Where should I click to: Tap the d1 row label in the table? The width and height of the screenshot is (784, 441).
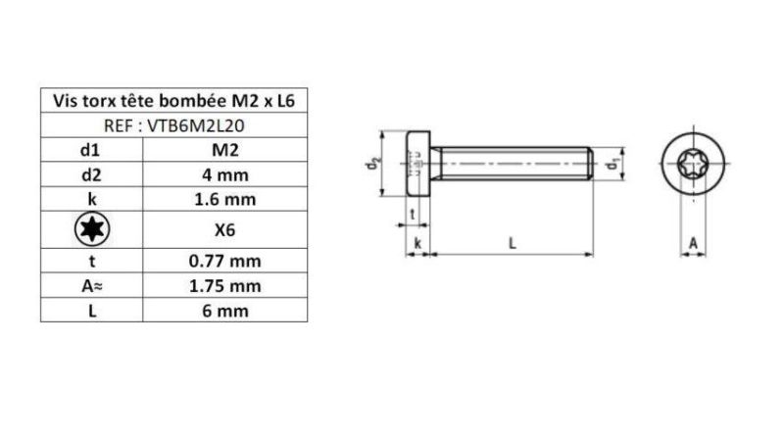pyautogui.click(x=91, y=151)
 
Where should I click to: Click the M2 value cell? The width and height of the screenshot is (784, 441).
pyautogui.click(x=224, y=151)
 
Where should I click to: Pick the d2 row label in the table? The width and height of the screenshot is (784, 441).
pyautogui.click(x=91, y=176)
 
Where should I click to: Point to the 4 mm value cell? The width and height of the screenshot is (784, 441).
pyautogui.click(x=224, y=176)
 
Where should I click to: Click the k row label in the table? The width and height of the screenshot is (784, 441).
pyautogui.click(x=91, y=201)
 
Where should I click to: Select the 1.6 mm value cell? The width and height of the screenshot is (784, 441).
pyautogui.click(x=224, y=201)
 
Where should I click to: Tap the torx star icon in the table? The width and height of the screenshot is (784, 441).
pyautogui.click(x=92, y=231)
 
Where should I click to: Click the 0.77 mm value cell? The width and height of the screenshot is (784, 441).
pyautogui.click(x=224, y=262)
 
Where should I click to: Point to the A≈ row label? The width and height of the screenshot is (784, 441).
pyautogui.click(x=91, y=286)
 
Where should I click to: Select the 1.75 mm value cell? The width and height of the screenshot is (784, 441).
pyautogui.click(x=224, y=286)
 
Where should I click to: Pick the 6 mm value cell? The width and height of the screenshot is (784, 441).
pyautogui.click(x=224, y=311)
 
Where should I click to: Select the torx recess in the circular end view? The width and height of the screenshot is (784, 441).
pyautogui.click(x=694, y=165)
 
